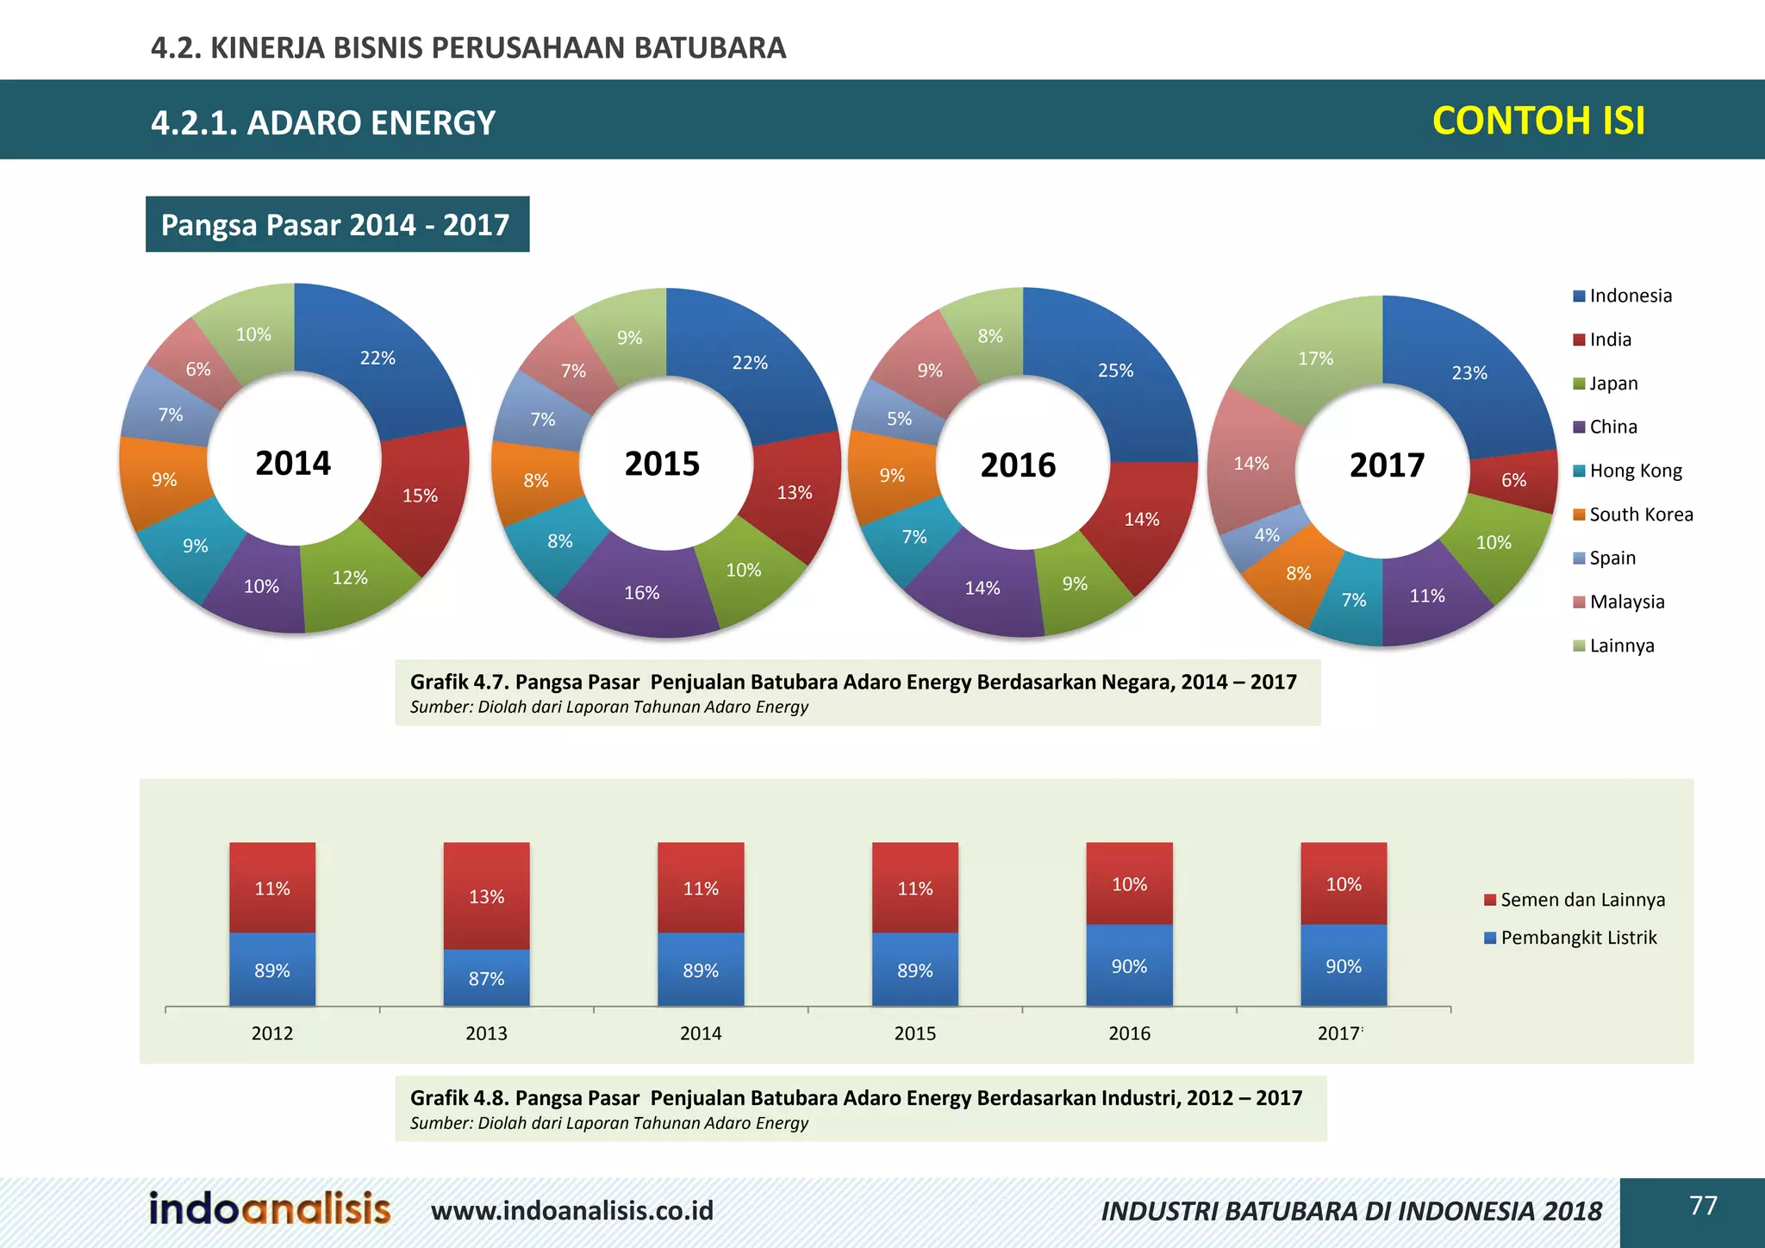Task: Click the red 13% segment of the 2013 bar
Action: click(x=486, y=896)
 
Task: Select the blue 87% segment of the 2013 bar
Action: click(x=486, y=978)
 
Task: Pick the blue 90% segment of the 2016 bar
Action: click(x=1129, y=966)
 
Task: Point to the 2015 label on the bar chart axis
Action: click(x=914, y=1033)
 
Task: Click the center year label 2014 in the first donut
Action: click(x=293, y=463)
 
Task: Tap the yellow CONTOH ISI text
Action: click(x=1537, y=121)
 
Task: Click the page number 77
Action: click(x=1703, y=1205)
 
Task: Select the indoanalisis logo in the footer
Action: click(x=270, y=1208)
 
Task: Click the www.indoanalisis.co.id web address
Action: click(x=572, y=1211)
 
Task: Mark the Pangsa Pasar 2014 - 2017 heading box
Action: click(x=337, y=224)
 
